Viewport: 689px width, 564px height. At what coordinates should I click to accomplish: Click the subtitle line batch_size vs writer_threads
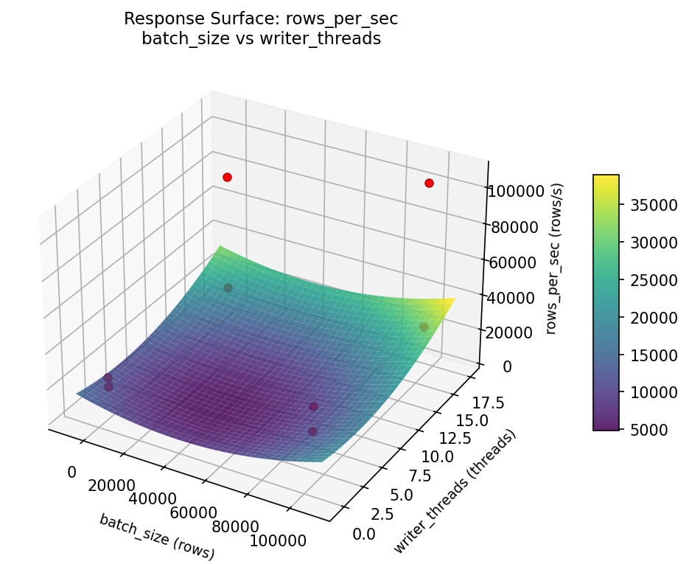(261, 39)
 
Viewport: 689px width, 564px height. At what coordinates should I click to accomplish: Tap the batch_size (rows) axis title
(157, 537)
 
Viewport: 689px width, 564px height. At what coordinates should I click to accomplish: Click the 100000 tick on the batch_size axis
(279, 541)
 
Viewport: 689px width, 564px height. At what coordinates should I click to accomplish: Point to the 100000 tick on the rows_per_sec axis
(514, 192)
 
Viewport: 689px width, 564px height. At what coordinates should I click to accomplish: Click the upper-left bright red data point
(227, 177)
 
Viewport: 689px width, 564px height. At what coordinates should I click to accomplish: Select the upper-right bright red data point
(429, 183)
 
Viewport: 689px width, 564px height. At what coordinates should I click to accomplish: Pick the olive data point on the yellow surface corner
(424, 327)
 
